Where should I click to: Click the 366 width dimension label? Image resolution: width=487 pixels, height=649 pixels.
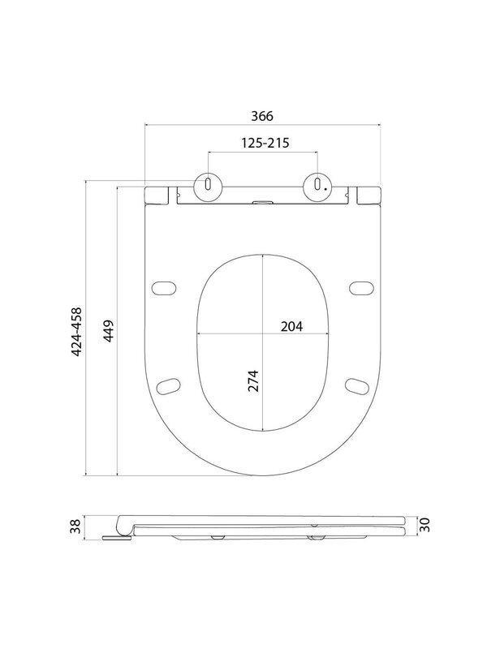coord(262,116)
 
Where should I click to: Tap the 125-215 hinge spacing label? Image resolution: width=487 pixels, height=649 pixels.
coord(265,143)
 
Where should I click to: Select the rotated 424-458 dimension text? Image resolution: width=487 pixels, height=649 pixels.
coord(77,332)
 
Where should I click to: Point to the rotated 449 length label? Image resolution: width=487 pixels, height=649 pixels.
coord(109,331)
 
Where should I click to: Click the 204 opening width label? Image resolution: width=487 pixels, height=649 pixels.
coord(291,327)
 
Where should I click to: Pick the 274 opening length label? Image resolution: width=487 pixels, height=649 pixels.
coord(253,380)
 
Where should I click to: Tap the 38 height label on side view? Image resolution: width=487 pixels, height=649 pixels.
coord(75,527)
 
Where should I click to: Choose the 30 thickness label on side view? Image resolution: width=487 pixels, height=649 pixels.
coord(425,525)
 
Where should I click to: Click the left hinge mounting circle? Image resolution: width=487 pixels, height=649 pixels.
coord(208,186)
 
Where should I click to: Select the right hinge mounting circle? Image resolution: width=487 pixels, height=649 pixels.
coord(317,186)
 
